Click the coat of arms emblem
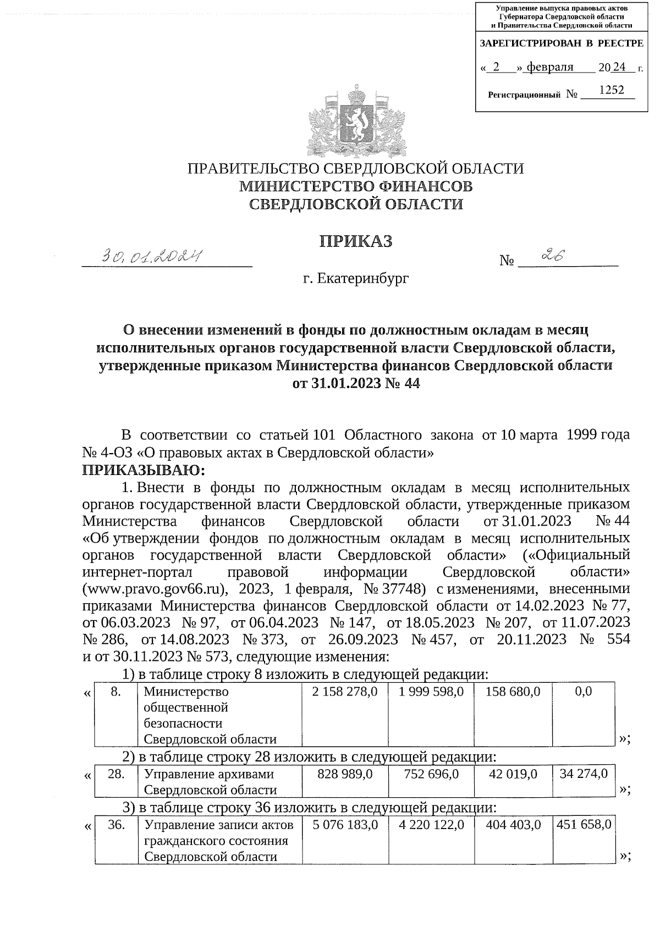point(357,121)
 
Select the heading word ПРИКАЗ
point(356,241)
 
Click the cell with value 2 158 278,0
point(345,692)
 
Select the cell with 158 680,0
point(513,692)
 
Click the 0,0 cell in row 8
point(583,692)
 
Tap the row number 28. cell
point(116,774)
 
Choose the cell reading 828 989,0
point(345,774)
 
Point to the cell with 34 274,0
point(584,774)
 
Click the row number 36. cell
point(116,825)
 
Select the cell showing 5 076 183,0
point(345,825)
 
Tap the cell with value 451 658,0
point(584,825)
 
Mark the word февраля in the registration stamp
point(550,68)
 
